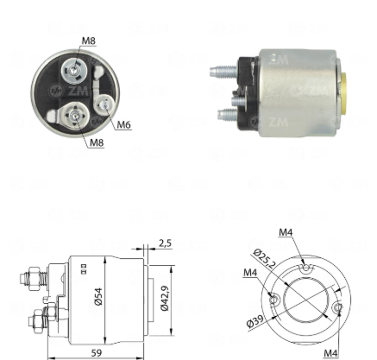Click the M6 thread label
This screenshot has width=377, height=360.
coord(124,124)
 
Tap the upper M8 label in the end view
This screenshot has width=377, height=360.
coord(88,41)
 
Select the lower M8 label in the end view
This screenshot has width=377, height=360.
coord(97,142)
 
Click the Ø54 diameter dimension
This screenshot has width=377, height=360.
coord(98,296)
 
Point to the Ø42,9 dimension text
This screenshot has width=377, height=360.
coord(165,298)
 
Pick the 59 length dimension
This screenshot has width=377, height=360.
coord(97,353)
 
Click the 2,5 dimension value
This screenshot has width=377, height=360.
coord(165,243)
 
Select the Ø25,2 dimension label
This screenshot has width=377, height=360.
coord(264,258)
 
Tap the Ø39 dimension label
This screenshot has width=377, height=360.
coord(255,321)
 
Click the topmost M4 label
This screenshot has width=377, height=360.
coord(286,232)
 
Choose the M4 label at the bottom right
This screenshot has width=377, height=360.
coord(330,353)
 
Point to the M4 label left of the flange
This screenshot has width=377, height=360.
coord(250,272)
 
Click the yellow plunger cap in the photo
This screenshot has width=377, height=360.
coord(344,92)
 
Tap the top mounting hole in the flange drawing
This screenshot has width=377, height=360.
coord(306,269)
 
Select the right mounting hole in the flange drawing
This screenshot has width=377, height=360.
coord(338,307)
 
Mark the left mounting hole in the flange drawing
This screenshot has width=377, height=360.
coord(274,300)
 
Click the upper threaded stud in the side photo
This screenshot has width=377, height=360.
coord(223,71)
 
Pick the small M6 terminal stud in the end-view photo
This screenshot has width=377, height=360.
coord(104,105)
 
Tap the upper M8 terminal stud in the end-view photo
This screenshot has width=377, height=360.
coord(74,70)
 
